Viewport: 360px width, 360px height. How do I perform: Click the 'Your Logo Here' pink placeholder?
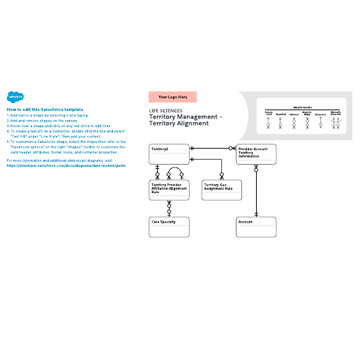(x=172, y=97)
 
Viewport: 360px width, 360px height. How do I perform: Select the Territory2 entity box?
(x=170, y=153)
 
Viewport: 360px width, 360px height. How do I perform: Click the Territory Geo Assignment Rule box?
(x=223, y=188)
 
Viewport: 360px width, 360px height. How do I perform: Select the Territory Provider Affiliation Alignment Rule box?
(x=170, y=189)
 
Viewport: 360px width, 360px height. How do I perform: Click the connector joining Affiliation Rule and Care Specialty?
(x=169, y=207)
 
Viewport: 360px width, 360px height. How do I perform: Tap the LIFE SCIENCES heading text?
(x=166, y=111)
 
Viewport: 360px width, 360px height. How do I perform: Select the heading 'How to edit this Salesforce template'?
(x=45, y=110)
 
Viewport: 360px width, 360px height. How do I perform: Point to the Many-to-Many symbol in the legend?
(x=306, y=122)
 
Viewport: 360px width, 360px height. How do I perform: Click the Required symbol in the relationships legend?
(x=280, y=122)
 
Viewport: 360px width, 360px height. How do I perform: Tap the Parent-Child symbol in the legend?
(x=268, y=122)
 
